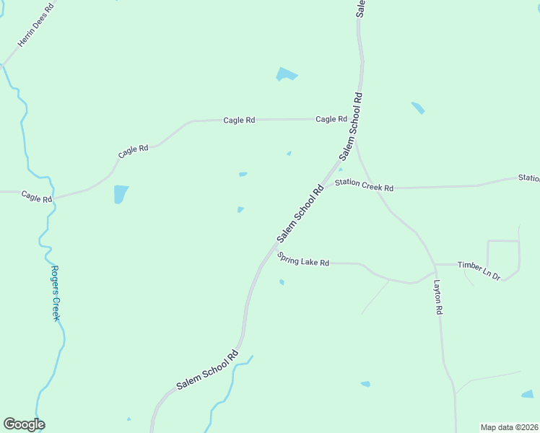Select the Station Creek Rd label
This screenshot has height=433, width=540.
[x=364, y=185]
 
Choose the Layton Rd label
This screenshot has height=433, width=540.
[x=437, y=297]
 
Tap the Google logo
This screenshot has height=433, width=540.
[x=24, y=424]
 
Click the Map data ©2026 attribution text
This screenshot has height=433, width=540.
[x=509, y=427]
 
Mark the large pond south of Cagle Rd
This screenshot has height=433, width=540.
[x=121, y=194]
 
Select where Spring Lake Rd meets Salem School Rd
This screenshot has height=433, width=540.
[x=274, y=248]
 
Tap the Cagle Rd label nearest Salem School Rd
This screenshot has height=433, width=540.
[x=331, y=119]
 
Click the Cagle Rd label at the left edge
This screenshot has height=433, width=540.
[x=36, y=196]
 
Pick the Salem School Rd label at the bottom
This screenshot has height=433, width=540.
[x=207, y=370]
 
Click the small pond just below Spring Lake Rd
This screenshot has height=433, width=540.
[x=282, y=282]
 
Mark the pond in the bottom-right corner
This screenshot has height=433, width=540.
[x=528, y=394]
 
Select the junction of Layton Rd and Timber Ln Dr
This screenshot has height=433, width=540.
[x=435, y=265]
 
